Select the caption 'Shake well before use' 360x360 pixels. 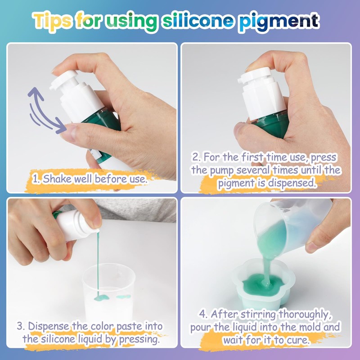click(90, 179)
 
